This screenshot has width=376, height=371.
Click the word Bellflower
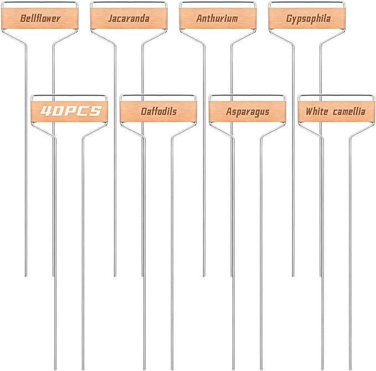coord(40,18)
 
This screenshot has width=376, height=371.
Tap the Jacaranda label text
coord(129,18)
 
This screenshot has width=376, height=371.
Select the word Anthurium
coord(217,18)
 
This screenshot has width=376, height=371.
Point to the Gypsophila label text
coord(308,19)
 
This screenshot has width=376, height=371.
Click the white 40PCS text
coord(71,111)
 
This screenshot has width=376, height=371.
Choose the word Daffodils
coord(159,111)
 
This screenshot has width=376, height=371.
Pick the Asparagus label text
coord(248,112)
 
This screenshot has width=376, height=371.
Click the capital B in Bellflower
coord(23,18)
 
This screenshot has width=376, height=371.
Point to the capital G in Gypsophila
coord(290,18)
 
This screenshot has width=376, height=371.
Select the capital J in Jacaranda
coord(111,18)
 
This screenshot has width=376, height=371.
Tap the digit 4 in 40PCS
coord(45,111)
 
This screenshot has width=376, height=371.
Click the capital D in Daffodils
coord(143,111)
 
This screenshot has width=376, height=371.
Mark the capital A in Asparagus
coord(229,111)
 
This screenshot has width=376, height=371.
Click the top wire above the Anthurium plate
coord(218,2)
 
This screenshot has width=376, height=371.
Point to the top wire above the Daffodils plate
coord(158,96)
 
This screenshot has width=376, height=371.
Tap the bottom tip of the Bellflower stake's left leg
coord(26,276)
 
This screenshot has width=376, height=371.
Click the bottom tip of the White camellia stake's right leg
coord(351,369)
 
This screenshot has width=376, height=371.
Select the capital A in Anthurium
coord(199,18)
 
